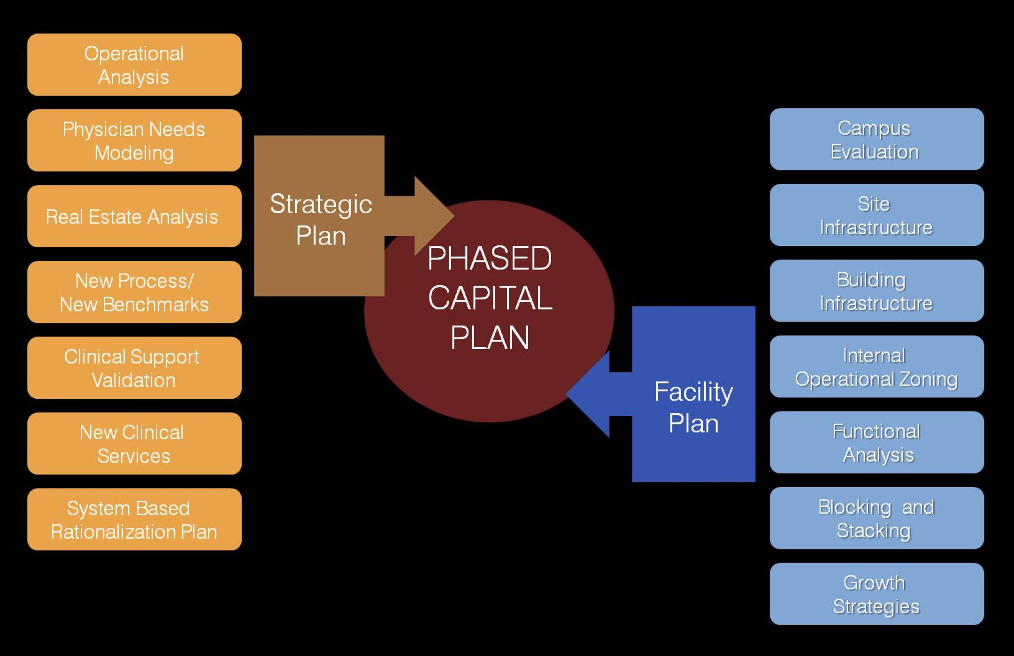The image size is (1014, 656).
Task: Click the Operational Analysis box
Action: click(134, 65)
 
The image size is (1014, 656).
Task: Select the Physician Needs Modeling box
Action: click(134, 140)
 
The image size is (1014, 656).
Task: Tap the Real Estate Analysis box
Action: click(134, 216)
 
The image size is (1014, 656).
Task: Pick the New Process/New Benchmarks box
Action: click(134, 292)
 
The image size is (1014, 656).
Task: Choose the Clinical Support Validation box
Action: click(134, 368)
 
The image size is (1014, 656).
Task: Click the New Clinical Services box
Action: click(134, 443)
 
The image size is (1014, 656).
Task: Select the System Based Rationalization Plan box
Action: click(134, 519)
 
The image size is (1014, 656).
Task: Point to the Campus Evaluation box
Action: click(876, 139)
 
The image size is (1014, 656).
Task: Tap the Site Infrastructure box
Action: click(876, 215)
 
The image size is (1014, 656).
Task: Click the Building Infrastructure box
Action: click(876, 291)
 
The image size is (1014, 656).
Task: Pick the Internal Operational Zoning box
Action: click(876, 366)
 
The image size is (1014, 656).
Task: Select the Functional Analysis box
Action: click(876, 442)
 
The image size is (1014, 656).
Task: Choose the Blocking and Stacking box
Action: click(876, 518)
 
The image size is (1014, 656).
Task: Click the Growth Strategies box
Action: click(876, 594)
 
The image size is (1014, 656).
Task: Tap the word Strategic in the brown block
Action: click(321, 204)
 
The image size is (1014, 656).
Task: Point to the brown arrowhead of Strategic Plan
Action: click(432, 216)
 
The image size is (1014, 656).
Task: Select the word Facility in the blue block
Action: click(693, 392)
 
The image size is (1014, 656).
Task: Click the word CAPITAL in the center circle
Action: click(490, 298)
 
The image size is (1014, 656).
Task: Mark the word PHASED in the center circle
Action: click(490, 258)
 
